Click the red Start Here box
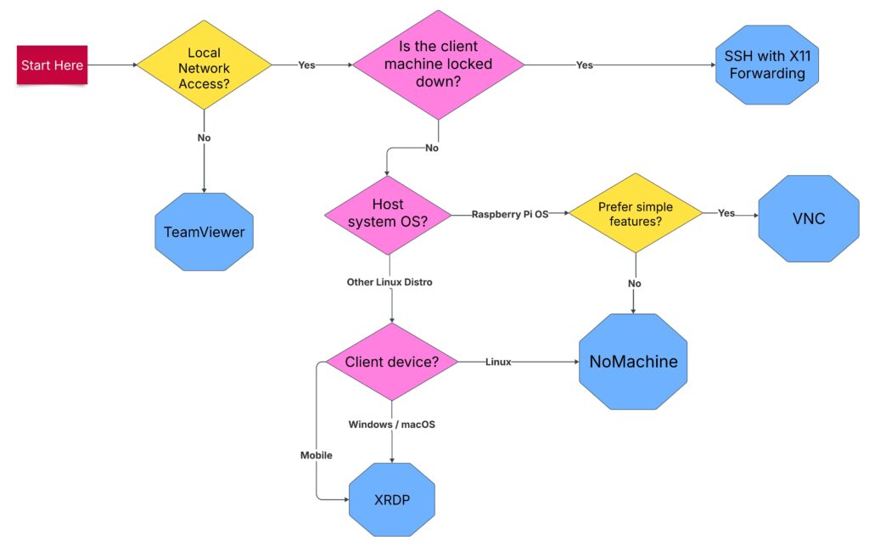pos(52,65)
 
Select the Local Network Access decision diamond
pos(205,65)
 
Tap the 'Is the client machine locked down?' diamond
pos(438,65)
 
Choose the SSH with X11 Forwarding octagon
pos(765,65)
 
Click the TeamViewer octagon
pos(205,232)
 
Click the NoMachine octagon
pos(633,362)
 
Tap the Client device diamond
pos(391,363)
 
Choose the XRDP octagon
pos(391,499)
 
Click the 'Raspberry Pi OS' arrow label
pos(511,215)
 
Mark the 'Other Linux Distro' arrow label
pos(390,282)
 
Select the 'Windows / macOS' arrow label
pos(391,424)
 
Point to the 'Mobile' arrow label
pos(316,455)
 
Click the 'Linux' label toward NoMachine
pos(498,363)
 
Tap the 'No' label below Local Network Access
pos(205,138)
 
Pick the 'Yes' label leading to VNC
pos(726,214)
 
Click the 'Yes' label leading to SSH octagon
pos(585,65)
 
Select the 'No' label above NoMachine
pos(633,284)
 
